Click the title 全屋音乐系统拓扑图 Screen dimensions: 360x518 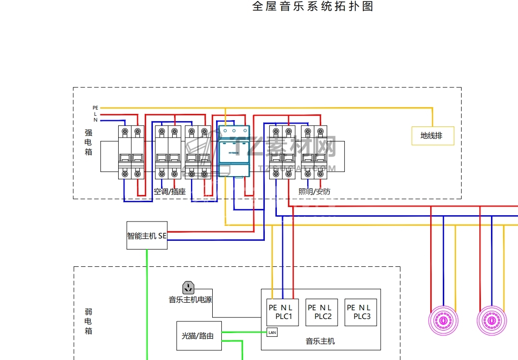(313, 7)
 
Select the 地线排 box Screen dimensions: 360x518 (433, 136)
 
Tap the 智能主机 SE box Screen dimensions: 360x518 (147, 235)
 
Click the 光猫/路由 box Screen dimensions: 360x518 (199, 335)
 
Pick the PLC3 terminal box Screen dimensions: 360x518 (361, 312)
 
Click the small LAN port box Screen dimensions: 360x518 (272, 332)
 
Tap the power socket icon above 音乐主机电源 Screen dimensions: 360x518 (189, 288)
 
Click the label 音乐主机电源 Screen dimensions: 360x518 (190, 300)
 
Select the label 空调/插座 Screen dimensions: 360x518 (170, 192)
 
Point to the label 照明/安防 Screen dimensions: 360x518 (314, 192)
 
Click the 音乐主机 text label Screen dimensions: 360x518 (320, 341)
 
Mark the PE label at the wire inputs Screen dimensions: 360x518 (95, 108)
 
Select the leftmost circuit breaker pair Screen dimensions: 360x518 (131, 152)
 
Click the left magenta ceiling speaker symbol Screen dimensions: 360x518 (443, 320)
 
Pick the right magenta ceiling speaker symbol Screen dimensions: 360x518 (492, 320)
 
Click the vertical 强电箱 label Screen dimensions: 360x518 (88, 142)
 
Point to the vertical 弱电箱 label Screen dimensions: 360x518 (88, 321)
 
